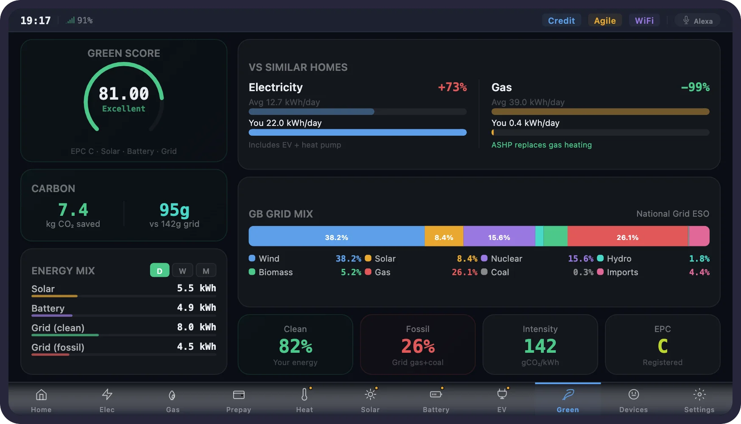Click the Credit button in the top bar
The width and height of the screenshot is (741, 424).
[561, 20]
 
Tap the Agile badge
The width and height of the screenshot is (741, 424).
[604, 20]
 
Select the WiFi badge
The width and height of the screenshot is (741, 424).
[644, 20]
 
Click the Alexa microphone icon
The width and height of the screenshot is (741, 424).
[686, 20]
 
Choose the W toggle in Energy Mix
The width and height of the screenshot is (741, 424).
[182, 271]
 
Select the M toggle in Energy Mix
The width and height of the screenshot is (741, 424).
[206, 271]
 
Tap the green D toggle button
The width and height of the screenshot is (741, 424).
[159, 271]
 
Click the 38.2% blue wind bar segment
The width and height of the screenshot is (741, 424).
[336, 236]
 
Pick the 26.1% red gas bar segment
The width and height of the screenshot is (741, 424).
[627, 236]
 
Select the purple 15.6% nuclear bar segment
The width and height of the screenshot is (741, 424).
[499, 236]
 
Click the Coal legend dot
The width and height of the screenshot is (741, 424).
[484, 272]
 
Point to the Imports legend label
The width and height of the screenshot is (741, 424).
[622, 272]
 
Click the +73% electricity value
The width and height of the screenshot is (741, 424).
[452, 87]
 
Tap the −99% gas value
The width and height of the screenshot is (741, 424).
[695, 87]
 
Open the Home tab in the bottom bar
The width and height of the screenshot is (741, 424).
[41, 399]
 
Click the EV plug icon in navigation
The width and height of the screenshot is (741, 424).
[502, 394]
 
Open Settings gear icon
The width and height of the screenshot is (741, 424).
[699, 394]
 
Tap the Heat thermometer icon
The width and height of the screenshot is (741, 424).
[304, 394]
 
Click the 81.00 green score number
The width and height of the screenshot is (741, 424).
[124, 93]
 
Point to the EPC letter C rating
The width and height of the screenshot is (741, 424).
[663, 346]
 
